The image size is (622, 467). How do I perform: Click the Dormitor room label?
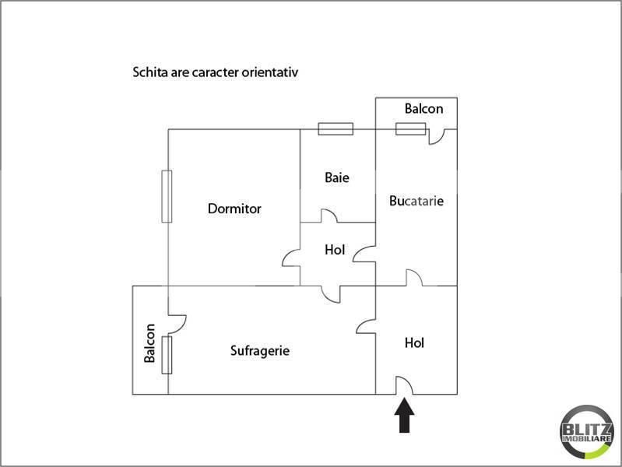[x=234, y=209]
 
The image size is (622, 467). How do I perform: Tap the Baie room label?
[x=337, y=177]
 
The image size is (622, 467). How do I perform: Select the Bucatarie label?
[x=416, y=201]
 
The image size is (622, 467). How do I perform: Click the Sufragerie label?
[x=260, y=351]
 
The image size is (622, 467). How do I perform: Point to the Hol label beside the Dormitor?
[x=335, y=250]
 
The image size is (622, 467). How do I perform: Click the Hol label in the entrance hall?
[x=414, y=342]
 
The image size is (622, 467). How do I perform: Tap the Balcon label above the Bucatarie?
[x=423, y=109]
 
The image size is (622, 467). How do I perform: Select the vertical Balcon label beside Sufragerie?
[x=149, y=343]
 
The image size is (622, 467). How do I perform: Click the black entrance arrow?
[x=404, y=415]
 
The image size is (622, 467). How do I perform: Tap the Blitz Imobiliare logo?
[x=587, y=432]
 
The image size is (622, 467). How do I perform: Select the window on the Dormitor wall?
[x=167, y=196]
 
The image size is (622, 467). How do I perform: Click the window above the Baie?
[x=336, y=129]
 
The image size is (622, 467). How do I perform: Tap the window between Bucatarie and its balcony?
[x=410, y=129]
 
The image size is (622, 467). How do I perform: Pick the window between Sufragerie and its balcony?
[x=167, y=355]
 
